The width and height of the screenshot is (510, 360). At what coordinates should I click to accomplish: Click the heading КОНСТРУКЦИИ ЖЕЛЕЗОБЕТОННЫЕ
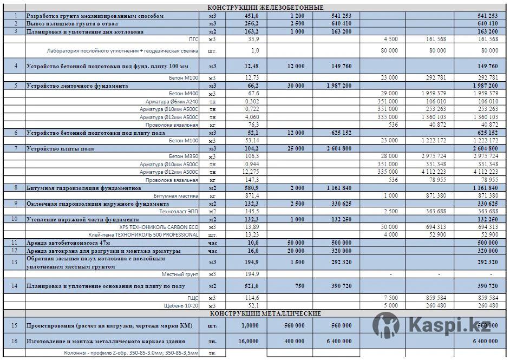coord(265,8)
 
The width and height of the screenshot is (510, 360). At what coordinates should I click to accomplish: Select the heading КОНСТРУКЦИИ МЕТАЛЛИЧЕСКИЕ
coord(265,313)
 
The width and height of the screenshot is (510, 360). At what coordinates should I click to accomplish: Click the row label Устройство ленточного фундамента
coord(77,86)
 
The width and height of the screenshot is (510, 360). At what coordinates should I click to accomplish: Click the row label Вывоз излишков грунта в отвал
coord(72,24)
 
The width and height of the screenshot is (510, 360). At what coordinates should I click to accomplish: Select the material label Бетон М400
coord(184,93)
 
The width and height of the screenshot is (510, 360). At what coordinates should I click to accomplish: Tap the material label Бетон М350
coord(184,156)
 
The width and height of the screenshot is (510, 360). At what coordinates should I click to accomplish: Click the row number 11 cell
coord(15,243)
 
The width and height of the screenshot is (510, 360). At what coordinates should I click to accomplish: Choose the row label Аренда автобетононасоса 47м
coord(72,243)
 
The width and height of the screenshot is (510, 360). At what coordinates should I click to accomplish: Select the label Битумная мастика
coord(176,195)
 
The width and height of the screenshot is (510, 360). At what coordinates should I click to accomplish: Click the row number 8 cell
coord(15,188)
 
